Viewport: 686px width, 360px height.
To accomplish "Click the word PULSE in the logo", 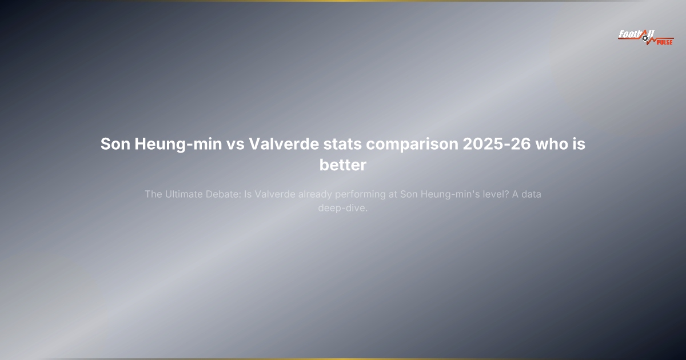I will pos(665,42).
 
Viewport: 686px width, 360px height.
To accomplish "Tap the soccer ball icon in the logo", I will pos(645,39).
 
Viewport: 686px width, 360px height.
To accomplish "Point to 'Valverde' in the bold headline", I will pos(284,144).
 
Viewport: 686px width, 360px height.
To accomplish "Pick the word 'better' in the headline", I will pos(342,165).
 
